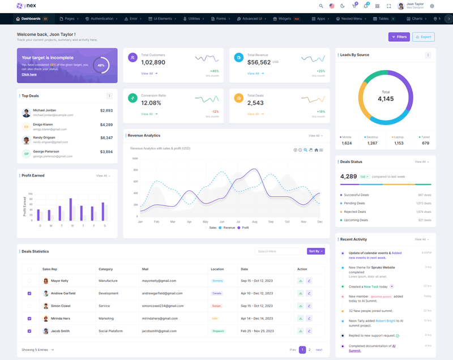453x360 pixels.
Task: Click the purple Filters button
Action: coord(399,37)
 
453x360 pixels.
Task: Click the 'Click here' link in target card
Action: coord(29,74)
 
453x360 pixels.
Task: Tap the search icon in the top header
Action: coord(321,6)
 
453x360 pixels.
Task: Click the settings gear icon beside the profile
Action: coord(432,6)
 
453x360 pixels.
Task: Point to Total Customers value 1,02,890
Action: coord(153,62)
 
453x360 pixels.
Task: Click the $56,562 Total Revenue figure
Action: coord(259,62)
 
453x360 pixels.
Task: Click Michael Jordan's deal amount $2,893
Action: coord(106,110)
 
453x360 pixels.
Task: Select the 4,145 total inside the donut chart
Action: coord(386,99)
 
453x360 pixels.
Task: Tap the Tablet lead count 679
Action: coord(425,143)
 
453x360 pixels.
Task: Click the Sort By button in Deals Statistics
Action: coord(316,251)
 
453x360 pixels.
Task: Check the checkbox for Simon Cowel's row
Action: coord(29,306)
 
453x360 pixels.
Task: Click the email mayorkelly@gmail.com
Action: coord(159,281)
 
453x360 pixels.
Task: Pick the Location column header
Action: coord(217,269)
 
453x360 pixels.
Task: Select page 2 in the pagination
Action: coord(310,350)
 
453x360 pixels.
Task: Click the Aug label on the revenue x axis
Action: coord(254,222)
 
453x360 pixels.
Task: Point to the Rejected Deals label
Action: coord(355,212)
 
